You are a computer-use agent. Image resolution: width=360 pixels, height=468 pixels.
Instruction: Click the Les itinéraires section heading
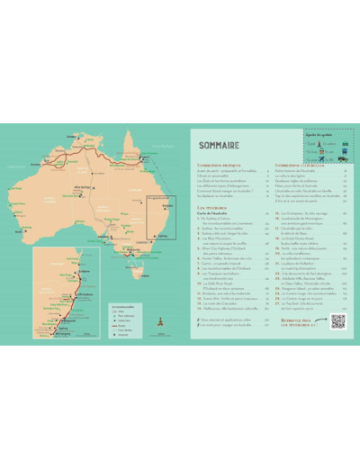click(211, 206)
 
